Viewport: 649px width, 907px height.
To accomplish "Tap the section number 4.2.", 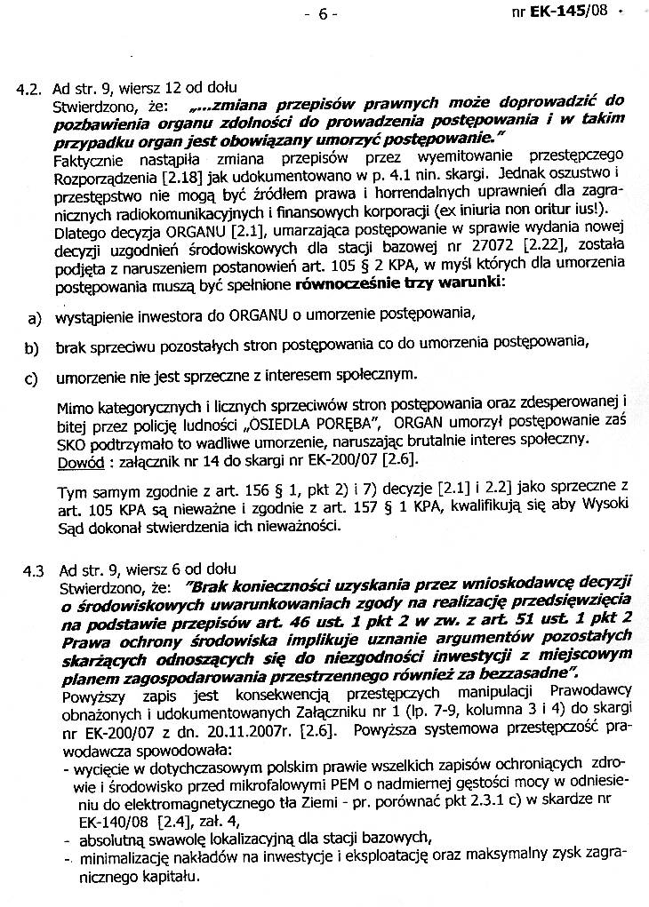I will pos(30,90).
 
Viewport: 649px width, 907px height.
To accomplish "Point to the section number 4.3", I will pos(30,569).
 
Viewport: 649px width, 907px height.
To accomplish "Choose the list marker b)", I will pos(35,346).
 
